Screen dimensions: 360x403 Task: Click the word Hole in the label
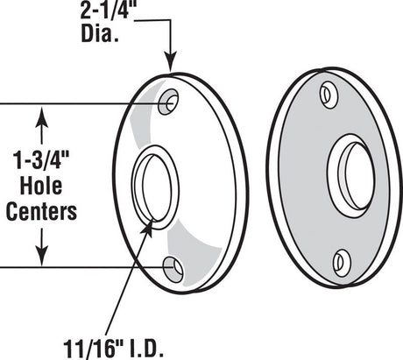coord(40,187)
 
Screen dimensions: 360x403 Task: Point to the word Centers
coord(40,211)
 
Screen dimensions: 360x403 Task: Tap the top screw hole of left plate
coord(169,101)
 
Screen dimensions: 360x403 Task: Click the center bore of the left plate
coord(156,185)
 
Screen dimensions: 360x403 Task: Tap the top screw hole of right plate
coord(329,94)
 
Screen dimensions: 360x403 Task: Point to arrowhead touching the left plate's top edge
coord(171,67)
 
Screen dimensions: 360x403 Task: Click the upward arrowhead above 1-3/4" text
coord(40,113)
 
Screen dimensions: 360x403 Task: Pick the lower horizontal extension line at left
coord(79,265)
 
